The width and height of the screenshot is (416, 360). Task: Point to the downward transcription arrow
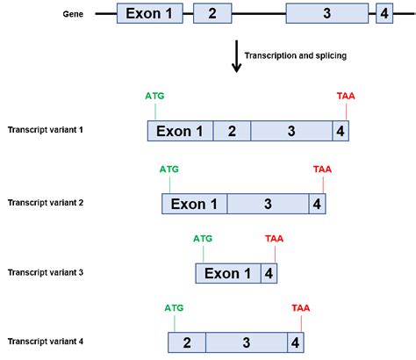click(x=236, y=59)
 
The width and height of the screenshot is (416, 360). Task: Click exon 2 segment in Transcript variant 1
click(x=232, y=132)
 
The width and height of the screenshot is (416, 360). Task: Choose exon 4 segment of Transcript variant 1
click(x=341, y=132)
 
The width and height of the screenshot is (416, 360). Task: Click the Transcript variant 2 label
click(x=46, y=203)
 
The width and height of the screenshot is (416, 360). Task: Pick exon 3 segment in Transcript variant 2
click(x=267, y=204)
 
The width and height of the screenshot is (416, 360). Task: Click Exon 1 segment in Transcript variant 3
click(x=227, y=273)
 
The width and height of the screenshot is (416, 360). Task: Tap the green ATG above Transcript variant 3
click(x=203, y=237)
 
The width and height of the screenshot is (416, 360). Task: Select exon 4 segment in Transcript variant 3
click(x=269, y=273)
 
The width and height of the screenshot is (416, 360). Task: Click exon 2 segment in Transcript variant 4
click(x=187, y=342)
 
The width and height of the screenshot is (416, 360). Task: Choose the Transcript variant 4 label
click(x=46, y=341)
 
